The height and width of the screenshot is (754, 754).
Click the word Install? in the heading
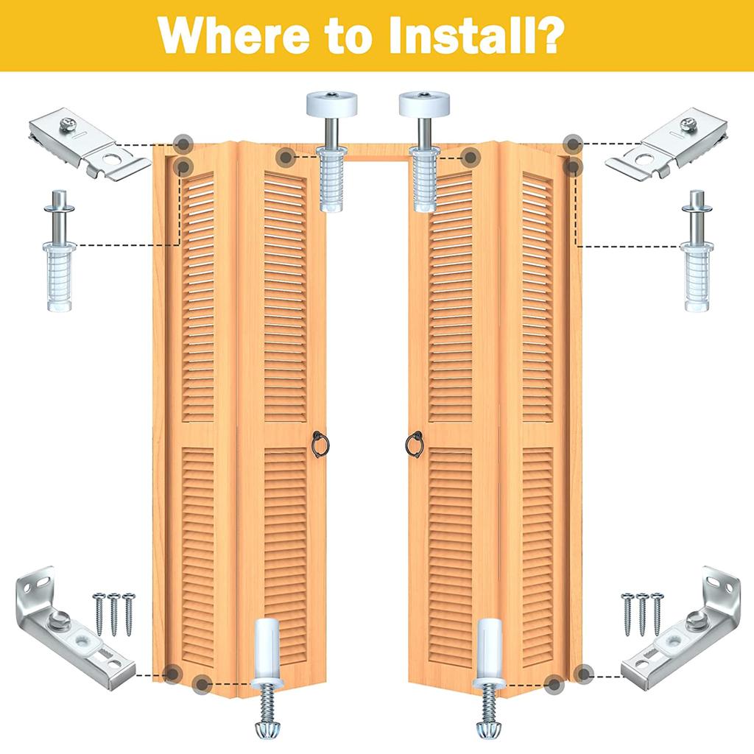(487, 35)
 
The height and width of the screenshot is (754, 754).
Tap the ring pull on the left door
(319, 444)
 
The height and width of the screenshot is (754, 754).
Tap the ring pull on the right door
(414, 444)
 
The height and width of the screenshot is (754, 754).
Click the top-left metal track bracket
(88, 145)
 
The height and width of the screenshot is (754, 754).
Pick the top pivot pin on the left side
(59, 250)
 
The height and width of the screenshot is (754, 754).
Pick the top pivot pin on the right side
(695, 250)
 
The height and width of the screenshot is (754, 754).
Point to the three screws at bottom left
(113, 612)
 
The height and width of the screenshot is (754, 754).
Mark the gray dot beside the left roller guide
(286, 156)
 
